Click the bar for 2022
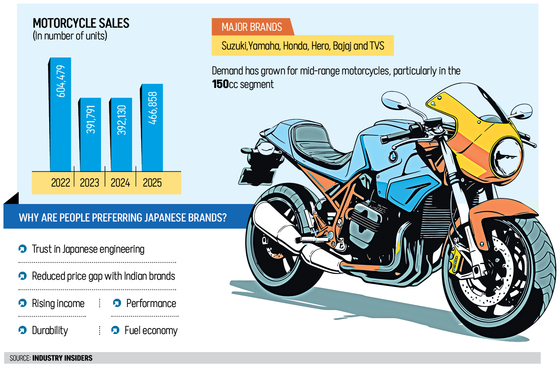(x=61, y=114)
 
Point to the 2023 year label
(x=90, y=182)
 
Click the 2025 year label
(x=152, y=182)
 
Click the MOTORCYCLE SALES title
(x=81, y=23)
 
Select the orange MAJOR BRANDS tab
(x=252, y=27)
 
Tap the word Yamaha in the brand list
(x=264, y=46)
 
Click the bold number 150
(x=220, y=84)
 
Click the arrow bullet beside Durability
(x=22, y=330)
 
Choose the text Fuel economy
(x=151, y=331)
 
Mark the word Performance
(x=151, y=304)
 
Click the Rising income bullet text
(x=58, y=304)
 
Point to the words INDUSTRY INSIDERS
(x=63, y=358)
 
